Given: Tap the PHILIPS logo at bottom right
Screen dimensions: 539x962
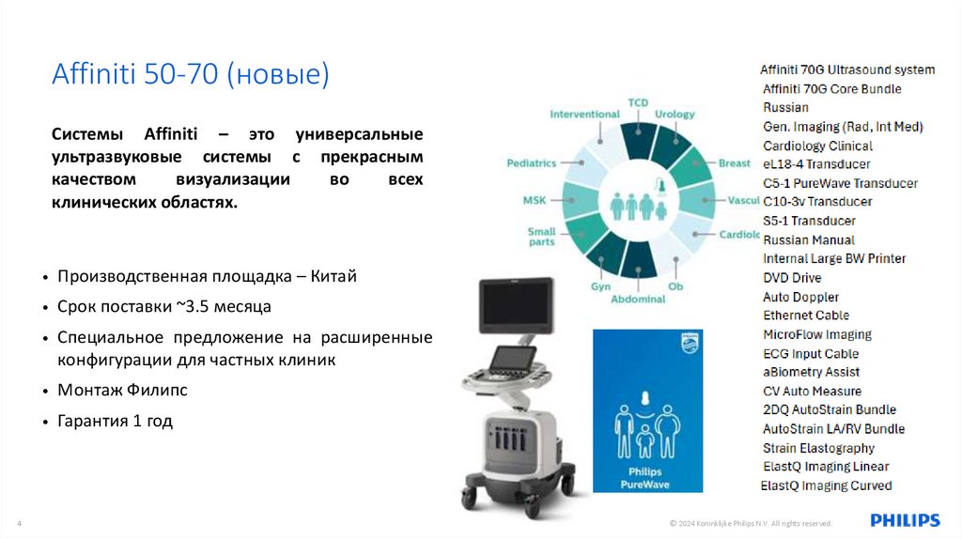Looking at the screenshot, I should [904, 520].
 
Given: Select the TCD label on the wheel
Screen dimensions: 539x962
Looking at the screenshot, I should [638, 102].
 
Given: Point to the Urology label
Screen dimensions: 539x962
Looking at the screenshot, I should [675, 115].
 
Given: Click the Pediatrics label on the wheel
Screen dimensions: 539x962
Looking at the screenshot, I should [532, 162].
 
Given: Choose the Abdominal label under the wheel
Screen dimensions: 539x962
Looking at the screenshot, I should [638, 299].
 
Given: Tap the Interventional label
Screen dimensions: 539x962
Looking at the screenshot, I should [584, 115].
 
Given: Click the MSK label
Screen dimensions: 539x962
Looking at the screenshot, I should [534, 200].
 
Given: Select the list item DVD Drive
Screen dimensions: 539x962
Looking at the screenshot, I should [792, 278].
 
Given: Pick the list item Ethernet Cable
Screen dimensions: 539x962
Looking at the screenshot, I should [806, 316].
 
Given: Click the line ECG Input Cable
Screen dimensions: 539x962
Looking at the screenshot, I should [811, 354].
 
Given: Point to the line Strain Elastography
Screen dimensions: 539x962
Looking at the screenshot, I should [818, 448].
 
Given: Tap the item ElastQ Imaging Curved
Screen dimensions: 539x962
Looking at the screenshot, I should [827, 485].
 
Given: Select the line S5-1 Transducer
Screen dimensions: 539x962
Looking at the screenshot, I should [809, 221].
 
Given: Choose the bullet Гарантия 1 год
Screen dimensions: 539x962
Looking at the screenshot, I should [116, 421].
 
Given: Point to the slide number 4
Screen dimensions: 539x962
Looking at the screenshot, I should [20, 523].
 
